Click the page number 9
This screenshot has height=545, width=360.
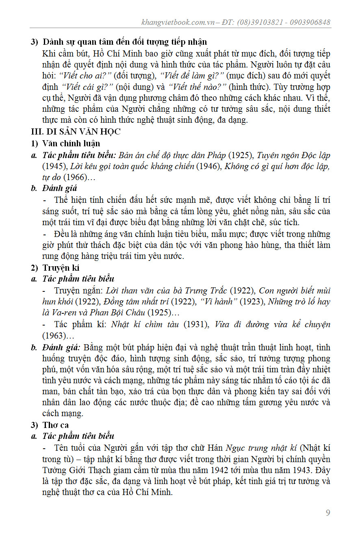328,512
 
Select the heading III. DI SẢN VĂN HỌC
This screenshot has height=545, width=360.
76,132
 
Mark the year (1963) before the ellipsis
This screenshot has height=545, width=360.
53,336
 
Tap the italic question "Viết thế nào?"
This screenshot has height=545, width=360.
197,87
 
